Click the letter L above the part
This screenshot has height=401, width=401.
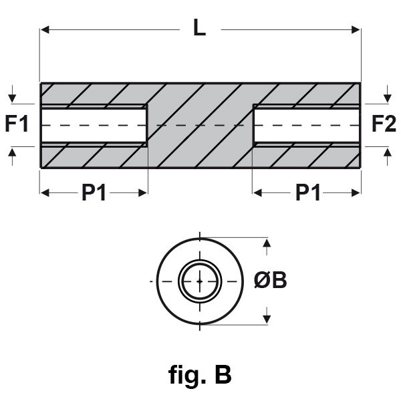[199, 28]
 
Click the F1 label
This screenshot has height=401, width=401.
[17, 124]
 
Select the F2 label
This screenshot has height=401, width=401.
[383, 124]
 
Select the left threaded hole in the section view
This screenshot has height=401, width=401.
[94, 125]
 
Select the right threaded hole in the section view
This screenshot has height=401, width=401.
[306, 125]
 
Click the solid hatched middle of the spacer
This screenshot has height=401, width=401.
[200, 125]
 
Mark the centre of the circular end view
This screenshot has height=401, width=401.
[199, 281]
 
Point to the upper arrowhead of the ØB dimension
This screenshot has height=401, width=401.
[267, 244]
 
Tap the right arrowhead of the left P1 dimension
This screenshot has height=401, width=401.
[142, 192]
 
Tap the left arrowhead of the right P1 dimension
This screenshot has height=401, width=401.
[258, 192]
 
